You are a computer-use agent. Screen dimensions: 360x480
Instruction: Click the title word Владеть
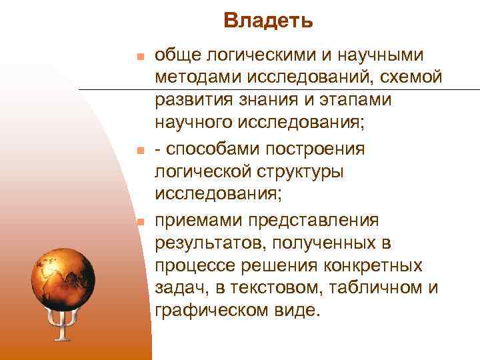coord(268,21)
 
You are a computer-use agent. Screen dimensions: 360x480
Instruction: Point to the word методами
coord(198,78)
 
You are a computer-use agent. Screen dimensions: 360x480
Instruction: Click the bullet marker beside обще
coord(138,55)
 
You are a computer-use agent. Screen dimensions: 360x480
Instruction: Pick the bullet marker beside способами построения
coord(138,149)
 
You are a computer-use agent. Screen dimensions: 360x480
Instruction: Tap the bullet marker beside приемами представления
coord(138,221)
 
